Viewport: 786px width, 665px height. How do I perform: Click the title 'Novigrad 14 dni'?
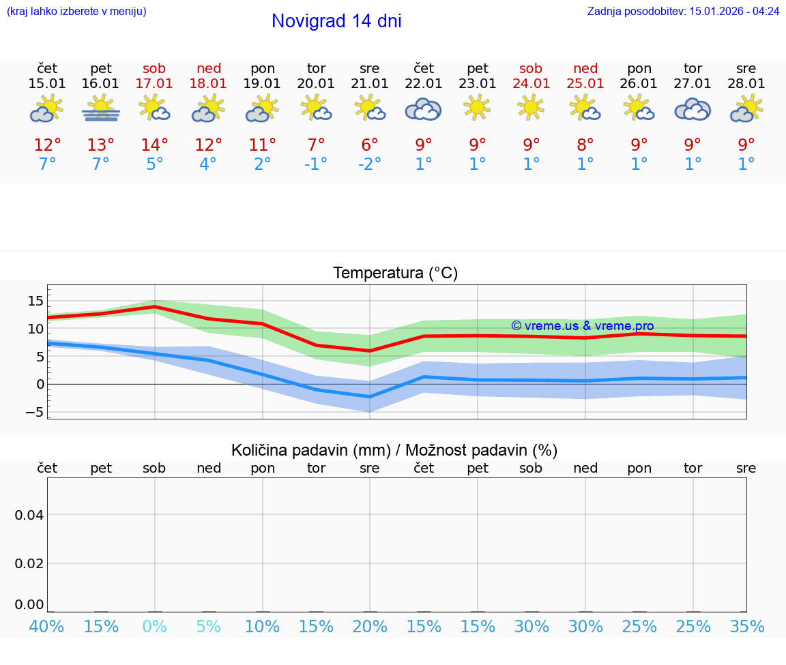pos(336,21)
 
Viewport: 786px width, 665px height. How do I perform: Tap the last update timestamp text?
pos(683,12)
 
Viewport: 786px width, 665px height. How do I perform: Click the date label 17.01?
pos(155,84)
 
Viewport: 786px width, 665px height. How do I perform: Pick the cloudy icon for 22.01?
pos(423,109)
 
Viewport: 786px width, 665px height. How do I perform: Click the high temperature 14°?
pos(155,145)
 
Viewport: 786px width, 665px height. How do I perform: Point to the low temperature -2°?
pos(369,164)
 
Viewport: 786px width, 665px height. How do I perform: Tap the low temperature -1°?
pos(316,164)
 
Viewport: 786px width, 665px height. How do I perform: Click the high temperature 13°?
pos(101,145)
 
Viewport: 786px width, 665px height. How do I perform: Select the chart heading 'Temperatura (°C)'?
pos(395,274)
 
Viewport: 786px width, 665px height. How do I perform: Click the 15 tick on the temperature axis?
pos(35,301)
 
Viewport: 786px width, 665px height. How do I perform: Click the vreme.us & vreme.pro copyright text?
pos(583,326)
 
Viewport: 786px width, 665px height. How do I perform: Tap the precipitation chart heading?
pos(394,450)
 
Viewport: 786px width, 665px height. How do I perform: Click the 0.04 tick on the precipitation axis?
pos(29,515)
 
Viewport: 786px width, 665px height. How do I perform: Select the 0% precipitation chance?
pos(155,627)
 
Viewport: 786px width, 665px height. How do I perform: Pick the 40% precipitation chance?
pos(47,627)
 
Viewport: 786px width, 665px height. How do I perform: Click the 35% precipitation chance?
pos(746,627)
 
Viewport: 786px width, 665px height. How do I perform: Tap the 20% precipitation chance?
pos(370,627)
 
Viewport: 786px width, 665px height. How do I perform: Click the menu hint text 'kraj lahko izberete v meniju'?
pos(76,12)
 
